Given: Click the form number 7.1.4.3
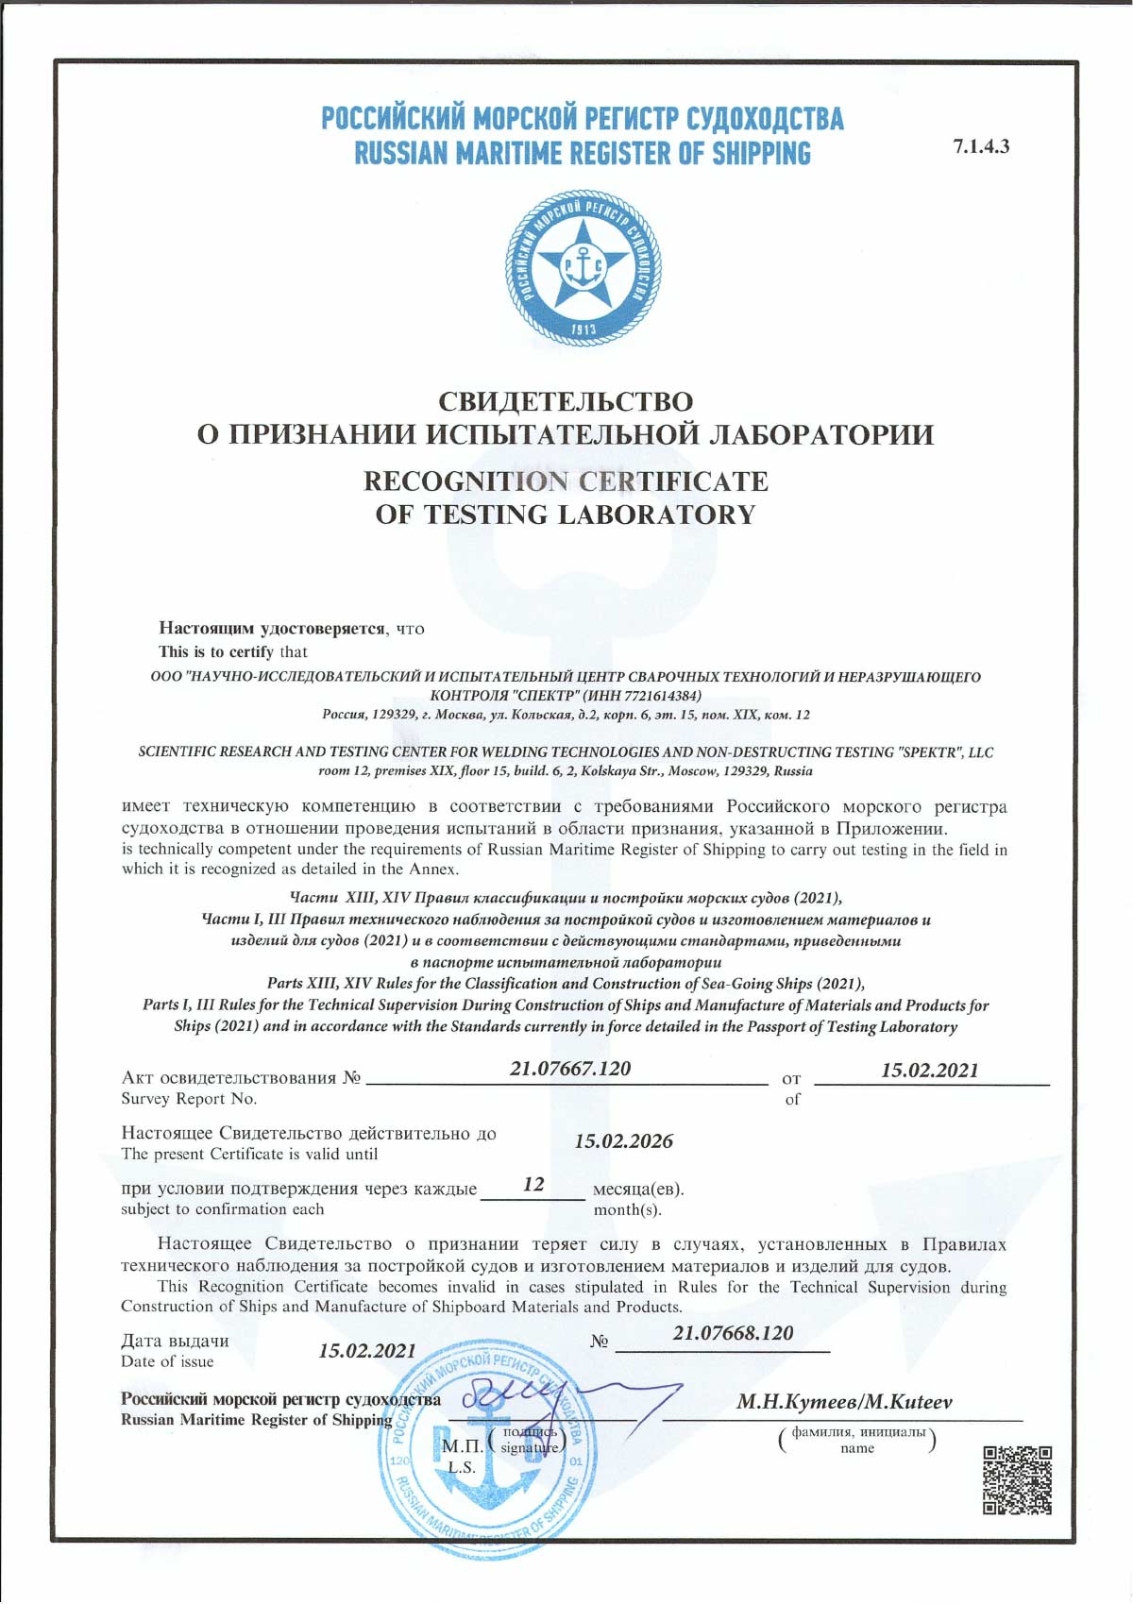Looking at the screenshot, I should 981,146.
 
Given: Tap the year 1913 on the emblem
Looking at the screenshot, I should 583,329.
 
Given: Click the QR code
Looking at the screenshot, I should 1017,1481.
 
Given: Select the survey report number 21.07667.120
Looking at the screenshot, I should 570,1069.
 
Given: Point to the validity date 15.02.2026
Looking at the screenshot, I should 623,1141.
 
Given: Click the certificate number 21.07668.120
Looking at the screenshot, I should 733,1333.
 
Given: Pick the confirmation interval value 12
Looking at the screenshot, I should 533,1184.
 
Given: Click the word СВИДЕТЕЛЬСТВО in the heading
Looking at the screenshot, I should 566,401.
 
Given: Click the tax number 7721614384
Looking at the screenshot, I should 658,696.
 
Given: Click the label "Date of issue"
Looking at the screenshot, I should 167,1361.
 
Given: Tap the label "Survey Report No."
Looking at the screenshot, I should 189,1099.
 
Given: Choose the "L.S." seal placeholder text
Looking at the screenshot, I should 462,1467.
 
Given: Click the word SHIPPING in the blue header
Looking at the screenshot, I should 761,154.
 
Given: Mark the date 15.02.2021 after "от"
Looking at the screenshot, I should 929,1071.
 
